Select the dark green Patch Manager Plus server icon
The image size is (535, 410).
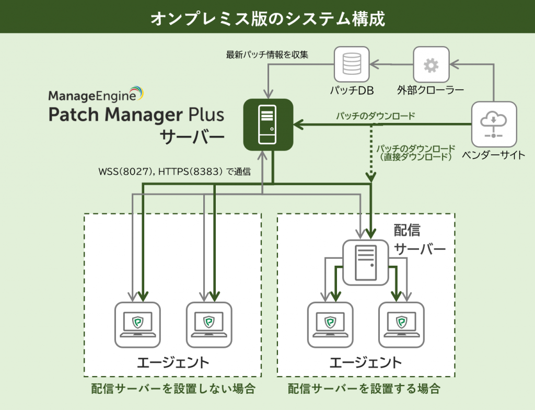point(267,123)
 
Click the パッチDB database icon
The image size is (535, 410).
point(352,64)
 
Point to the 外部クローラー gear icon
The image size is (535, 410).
point(431,65)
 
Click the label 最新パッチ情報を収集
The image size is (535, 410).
point(267,54)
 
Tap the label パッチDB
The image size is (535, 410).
point(351,90)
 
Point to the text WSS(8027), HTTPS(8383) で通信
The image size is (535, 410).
point(174,171)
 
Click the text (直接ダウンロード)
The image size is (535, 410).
point(416,156)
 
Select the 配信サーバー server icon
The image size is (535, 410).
point(366,263)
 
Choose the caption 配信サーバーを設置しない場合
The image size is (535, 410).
point(173,389)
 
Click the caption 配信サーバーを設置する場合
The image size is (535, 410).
point(364,389)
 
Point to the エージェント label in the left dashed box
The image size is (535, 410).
point(173,362)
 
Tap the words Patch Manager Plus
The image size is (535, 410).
point(136,115)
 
